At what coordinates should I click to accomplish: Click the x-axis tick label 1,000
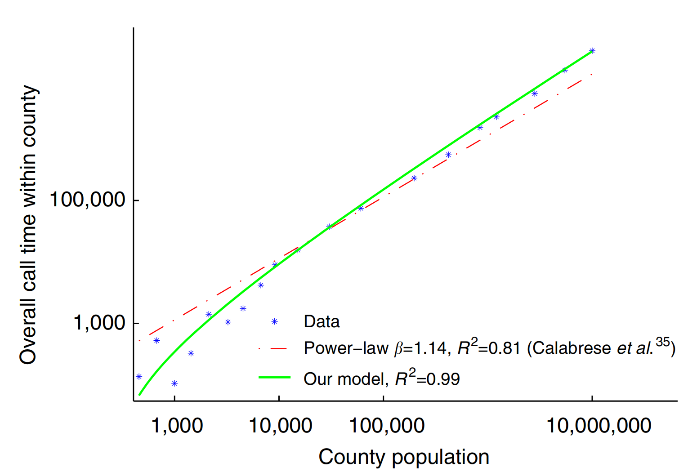tap(177, 425)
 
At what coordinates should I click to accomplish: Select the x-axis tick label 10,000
tap(280, 425)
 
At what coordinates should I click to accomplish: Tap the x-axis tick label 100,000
tap(387, 425)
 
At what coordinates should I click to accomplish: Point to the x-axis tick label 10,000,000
tap(599, 425)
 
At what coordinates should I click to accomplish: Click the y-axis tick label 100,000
tap(87, 199)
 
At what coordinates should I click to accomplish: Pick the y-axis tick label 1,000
tap(99, 322)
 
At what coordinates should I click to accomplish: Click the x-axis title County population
tap(403, 457)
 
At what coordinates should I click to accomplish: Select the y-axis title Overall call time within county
tap(28, 225)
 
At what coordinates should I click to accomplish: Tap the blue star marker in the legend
tap(275, 321)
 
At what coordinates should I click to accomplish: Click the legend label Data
tap(322, 321)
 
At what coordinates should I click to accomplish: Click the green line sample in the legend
tap(274, 378)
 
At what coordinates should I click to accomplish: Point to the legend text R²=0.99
tap(427, 378)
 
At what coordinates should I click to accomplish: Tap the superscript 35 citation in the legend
tap(662, 342)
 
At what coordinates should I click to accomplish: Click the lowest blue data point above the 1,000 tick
tap(174, 383)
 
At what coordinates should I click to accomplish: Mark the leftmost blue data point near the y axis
tap(139, 377)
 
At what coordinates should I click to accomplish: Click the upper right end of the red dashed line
tap(592, 74)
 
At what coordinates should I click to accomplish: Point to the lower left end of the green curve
tap(140, 395)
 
